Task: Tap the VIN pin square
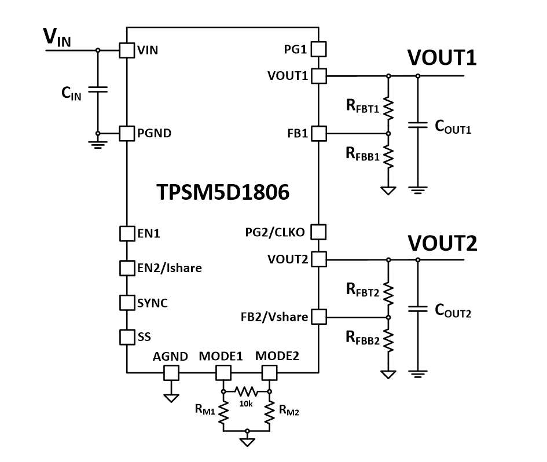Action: (x=127, y=50)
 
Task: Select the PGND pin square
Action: (x=127, y=133)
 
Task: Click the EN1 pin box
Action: (x=127, y=233)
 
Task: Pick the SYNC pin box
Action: (x=127, y=302)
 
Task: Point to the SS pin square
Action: (x=127, y=336)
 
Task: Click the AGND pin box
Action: (x=171, y=373)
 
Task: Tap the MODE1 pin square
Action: (x=223, y=373)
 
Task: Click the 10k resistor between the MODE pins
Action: (x=247, y=391)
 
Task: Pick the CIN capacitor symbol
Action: (x=97, y=91)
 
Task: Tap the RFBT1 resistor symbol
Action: (x=388, y=107)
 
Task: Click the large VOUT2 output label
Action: (x=442, y=243)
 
